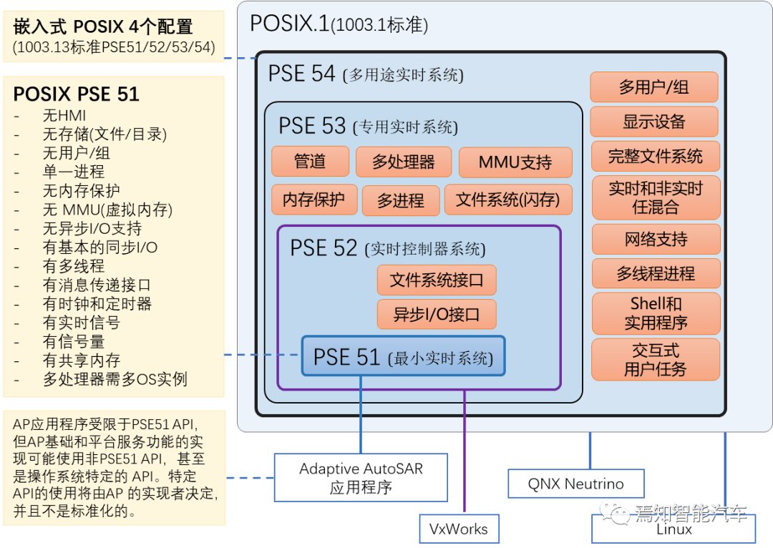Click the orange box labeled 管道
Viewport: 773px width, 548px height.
[x=310, y=162]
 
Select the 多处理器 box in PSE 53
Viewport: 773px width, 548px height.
[x=404, y=162]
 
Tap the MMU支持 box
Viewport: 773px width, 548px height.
[x=515, y=162]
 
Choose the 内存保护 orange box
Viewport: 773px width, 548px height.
[x=313, y=200]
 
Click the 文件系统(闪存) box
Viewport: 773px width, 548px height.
[x=508, y=200]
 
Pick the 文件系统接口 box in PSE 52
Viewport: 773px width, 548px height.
[x=436, y=280]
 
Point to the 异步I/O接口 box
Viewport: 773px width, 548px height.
[x=436, y=314]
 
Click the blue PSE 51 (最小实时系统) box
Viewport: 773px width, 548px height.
[x=403, y=356]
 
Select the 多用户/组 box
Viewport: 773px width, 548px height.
[x=653, y=87]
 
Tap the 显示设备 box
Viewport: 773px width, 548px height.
[x=653, y=122]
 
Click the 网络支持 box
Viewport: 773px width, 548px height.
[x=656, y=239]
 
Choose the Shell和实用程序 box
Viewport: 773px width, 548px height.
[x=656, y=313]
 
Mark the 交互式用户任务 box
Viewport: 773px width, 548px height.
[x=655, y=359]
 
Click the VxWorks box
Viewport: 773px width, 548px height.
[x=458, y=529]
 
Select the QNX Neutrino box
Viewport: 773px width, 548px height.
[x=575, y=484]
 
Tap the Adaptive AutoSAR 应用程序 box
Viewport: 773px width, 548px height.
[x=361, y=478]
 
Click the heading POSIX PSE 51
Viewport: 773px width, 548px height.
[x=77, y=94]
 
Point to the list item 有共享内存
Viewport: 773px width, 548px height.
[x=81, y=361]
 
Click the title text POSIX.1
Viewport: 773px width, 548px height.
[x=289, y=24]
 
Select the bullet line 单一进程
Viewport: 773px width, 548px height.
[x=73, y=172]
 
